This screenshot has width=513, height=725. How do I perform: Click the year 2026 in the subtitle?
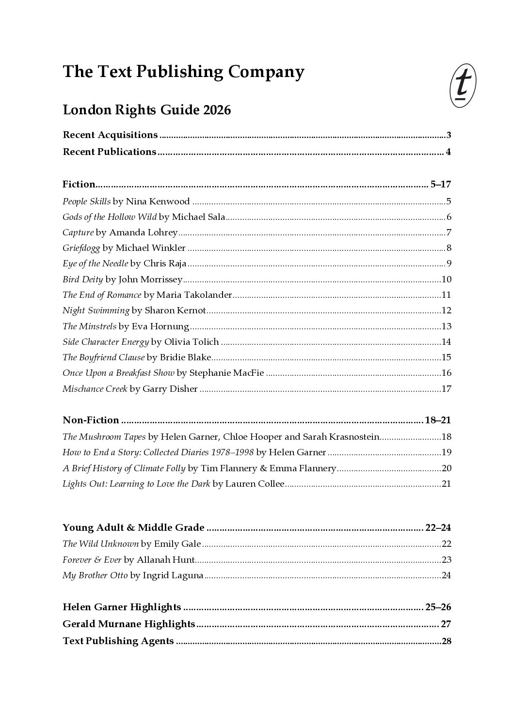coord(217,110)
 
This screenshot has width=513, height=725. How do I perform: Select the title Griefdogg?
coord(81,248)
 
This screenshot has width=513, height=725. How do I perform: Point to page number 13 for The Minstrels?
coord(446,326)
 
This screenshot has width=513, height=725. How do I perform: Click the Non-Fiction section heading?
coord(91,420)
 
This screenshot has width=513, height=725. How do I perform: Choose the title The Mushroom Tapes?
coord(104,437)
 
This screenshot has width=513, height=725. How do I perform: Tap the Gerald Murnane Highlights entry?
coord(128,624)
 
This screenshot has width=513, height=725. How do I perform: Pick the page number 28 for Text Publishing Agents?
coord(447,641)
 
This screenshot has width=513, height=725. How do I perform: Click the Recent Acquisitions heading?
coord(110,135)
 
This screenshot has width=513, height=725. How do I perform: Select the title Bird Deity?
coord(82,279)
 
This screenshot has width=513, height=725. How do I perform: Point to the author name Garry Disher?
coord(170,388)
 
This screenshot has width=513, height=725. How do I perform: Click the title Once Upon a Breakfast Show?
coord(118,373)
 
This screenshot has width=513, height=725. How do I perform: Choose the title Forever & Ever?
coord(92,560)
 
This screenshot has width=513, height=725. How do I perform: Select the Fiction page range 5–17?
coord(440,184)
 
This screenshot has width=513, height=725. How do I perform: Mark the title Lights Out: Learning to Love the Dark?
coord(136,484)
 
